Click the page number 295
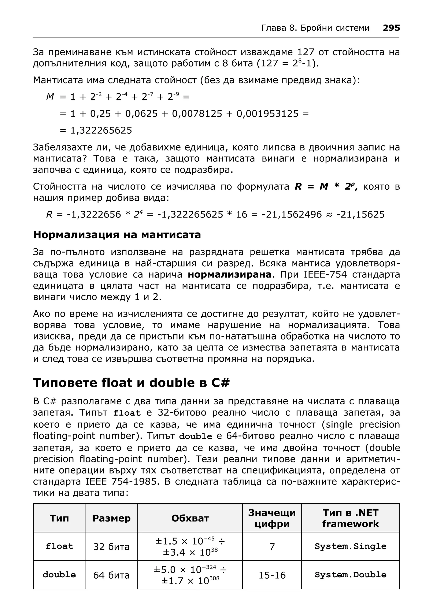pos(391,28)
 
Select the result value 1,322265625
pos(101,131)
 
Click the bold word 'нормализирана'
pos(230,274)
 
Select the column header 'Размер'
pos(111,518)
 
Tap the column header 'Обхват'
pos(190,518)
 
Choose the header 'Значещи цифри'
pos(272,518)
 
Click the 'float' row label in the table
pos(59,546)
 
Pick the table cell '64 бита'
pos(111,575)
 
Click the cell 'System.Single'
pos(350,546)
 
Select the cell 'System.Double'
pos(350,575)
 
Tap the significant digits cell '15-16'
pos(272,575)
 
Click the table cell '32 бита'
pos(111,546)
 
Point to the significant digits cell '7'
pos(272,546)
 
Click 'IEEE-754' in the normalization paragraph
pos(325,274)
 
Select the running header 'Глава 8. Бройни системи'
pos(315,28)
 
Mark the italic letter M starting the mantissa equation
pos(50,97)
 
